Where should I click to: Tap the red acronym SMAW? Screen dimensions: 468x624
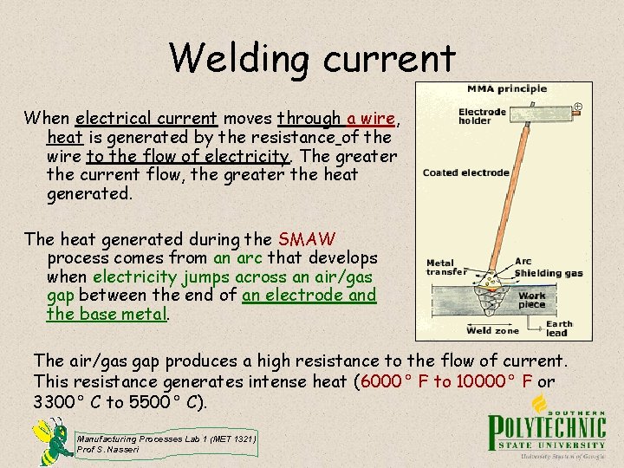click(308, 238)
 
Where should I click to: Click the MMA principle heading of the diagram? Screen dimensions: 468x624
click(506, 88)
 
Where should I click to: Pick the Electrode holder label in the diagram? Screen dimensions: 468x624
click(482, 115)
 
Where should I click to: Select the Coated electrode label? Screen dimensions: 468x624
click(465, 172)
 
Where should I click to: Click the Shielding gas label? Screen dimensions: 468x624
click(549, 273)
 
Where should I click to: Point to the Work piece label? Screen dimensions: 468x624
click(532, 300)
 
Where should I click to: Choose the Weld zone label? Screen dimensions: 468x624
click(491, 330)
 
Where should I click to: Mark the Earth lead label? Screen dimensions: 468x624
click(558, 328)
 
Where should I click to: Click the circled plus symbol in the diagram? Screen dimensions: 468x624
click(578, 107)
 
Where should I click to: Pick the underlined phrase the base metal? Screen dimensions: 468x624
click(107, 314)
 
